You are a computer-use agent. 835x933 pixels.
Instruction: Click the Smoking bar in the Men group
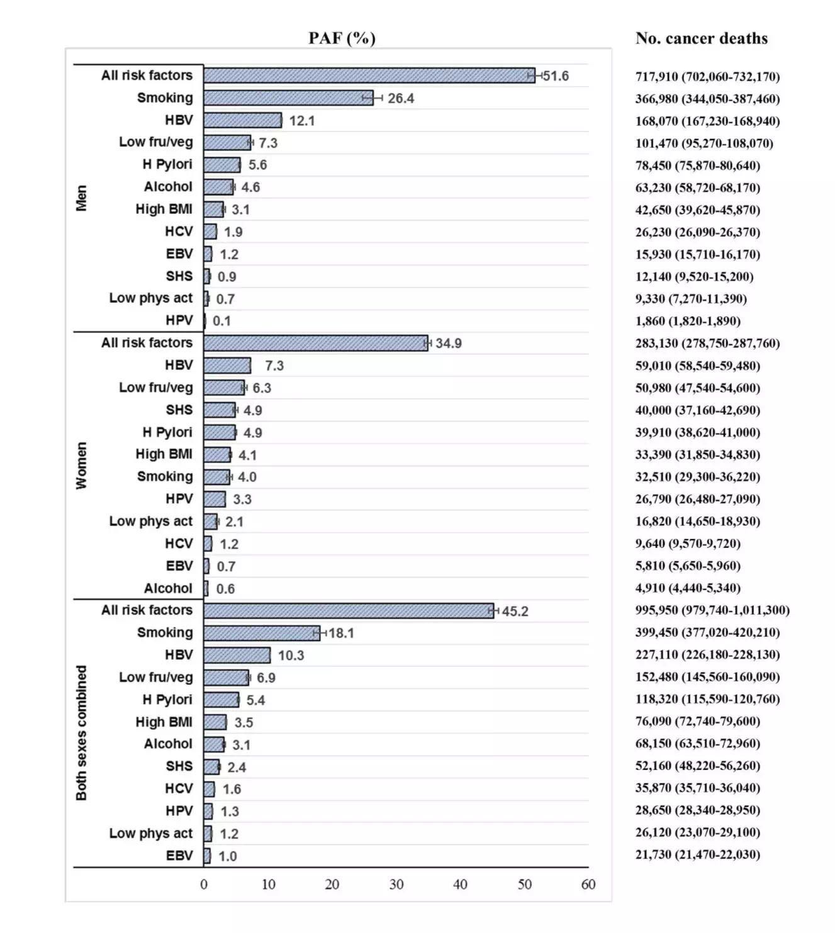point(288,98)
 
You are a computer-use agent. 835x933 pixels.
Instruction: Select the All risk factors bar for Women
point(315,343)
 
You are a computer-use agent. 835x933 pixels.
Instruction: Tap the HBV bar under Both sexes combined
point(237,655)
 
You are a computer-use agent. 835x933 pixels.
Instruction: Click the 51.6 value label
point(556,76)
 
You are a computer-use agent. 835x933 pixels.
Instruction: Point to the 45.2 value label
point(515,612)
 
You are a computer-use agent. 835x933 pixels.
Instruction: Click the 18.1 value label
point(341,633)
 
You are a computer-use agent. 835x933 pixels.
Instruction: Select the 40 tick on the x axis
point(460,885)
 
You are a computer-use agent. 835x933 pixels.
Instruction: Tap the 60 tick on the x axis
point(588,885)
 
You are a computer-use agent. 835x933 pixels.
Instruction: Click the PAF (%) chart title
point(342,38)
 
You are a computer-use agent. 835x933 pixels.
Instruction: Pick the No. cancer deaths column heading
point(702,38)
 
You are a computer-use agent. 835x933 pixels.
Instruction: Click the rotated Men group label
point(81,198)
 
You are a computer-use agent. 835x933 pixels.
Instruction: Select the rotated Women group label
point(81,466)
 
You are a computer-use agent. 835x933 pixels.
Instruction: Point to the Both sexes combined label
point(81,733)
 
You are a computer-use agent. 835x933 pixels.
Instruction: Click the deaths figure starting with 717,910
point(707,77)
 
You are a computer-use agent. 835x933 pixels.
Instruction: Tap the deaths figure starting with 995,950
point(712,610)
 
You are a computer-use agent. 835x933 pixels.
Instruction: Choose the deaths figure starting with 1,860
point(688,321)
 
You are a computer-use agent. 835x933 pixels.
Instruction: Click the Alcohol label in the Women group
point(168,588)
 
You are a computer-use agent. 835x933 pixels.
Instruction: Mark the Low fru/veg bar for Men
point(227,143)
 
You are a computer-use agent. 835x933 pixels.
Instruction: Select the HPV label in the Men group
point(179,321)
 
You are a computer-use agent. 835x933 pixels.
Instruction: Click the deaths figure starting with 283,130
point(707,344)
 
